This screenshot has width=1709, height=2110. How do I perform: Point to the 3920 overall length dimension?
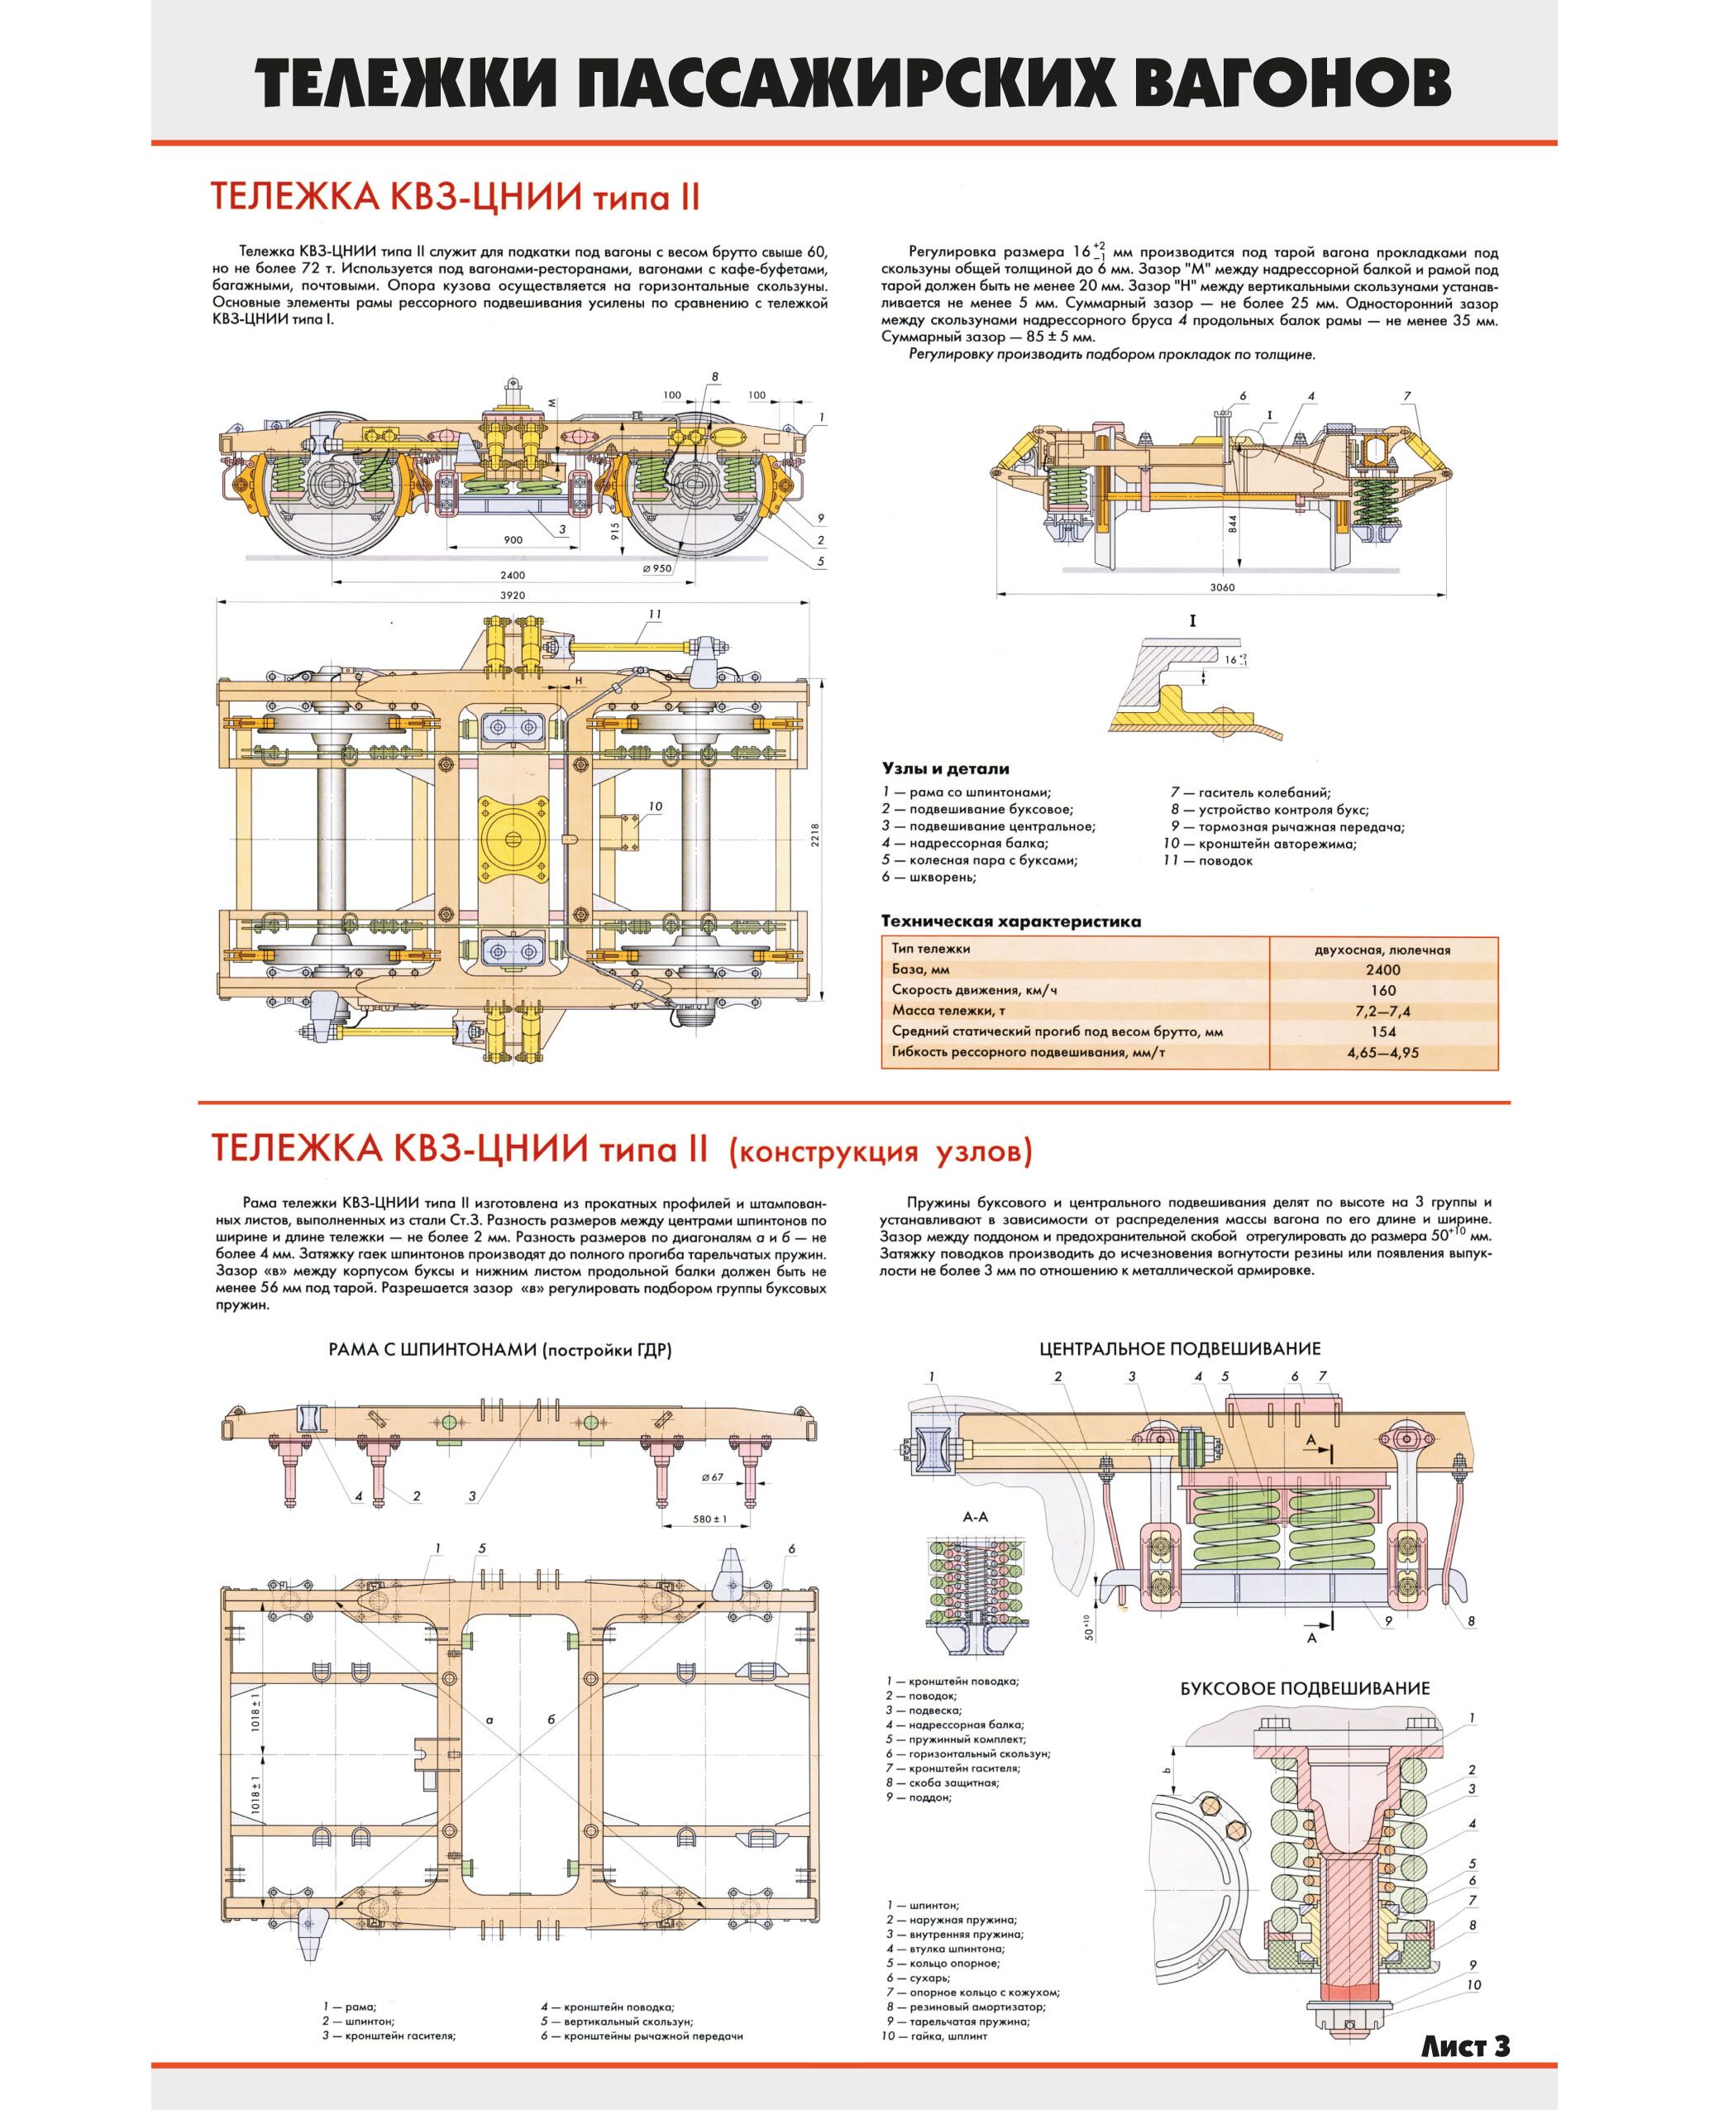click(512, 596)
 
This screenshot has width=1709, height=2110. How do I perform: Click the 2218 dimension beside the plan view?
click(815, 835)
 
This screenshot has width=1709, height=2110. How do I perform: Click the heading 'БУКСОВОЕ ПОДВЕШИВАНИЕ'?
click(1305, 1687)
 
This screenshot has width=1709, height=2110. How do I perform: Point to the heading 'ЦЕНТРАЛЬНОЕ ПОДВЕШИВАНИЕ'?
click(1179, 1348)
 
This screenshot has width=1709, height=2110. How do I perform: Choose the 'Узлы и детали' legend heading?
click(945, 769)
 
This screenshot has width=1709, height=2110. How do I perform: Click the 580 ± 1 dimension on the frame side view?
click(709, 1519)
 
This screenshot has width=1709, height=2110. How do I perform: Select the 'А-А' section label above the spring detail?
click(975, 1517)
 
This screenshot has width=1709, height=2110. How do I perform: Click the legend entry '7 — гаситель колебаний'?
click(1250, 792)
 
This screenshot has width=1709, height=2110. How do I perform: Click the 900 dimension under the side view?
click(513, 539)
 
